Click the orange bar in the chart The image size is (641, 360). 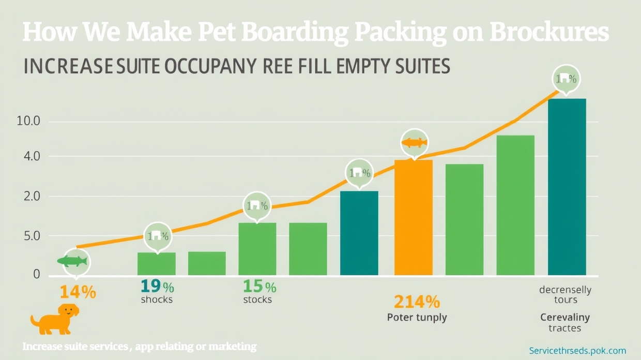(413, 217)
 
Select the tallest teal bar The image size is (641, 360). (567, 186)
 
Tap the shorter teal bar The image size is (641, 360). (359, 233)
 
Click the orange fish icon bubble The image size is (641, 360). (415, 143)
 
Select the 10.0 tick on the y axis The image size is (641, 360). (28, 122)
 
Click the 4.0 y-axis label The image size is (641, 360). (28, 156)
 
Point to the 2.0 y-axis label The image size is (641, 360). (28, 197)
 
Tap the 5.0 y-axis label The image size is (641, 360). (28, 236)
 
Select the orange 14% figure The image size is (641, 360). (78, 292)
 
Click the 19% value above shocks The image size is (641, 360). (157, 286)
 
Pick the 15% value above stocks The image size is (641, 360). (260, 286)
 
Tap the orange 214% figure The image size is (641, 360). (417, 301)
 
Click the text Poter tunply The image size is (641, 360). (417, 318)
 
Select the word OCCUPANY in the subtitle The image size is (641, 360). (208, 67)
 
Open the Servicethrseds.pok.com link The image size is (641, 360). (578, 350)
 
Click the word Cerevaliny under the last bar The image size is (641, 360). (564, 317)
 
